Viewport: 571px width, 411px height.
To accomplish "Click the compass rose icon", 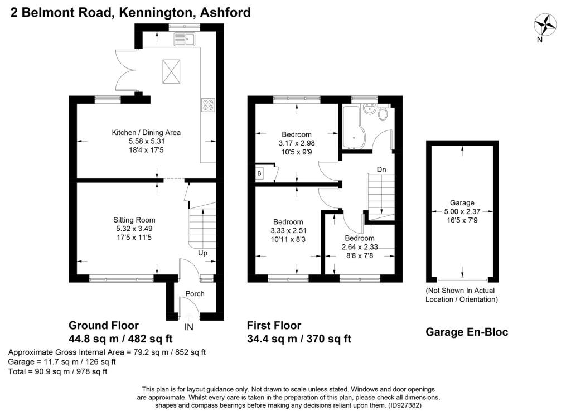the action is pyautogui.click(x=545, y=25).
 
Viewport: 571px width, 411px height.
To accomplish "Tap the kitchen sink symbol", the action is pyautogui.click(x=185, y=39).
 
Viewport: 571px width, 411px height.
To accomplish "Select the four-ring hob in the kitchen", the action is pyautogui.click(x=208, y=105).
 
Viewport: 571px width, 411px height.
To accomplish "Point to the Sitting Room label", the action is pyautogui.click(x=134, y=220).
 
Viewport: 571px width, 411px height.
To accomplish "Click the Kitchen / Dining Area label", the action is pyautogui.click(x=146, y=133).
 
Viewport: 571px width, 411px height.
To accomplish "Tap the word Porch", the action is pyautogui.click(x=195, y=293).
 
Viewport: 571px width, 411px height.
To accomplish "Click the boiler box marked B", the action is pyautogui.click(x=259, y=173).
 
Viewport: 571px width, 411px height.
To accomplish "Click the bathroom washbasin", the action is pyautogui.click(x=369, y=109).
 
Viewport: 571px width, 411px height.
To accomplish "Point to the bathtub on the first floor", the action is pyautogui.click(x=352, y=127).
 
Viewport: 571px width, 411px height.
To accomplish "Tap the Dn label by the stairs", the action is pyautogui.click(x=381, y=170).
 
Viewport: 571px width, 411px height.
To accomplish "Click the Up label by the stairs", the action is pyautogui.click(x=202, y=253).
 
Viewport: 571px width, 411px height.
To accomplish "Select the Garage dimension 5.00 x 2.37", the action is pyautogui.click(x=462, y=211).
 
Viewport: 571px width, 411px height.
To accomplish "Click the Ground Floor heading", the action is pyautogui.click(x=104, y=325).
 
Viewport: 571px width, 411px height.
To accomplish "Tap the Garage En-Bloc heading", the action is pyautogui.click(x=467, y=332).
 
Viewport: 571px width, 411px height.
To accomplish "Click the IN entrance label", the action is pyautogui.click(x=188, y=327).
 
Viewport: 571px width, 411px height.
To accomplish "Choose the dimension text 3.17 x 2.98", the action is pyautogui.click(x=297, y=143).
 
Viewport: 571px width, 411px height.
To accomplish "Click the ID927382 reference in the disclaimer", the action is pyautogui.click(x=405, y=405).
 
